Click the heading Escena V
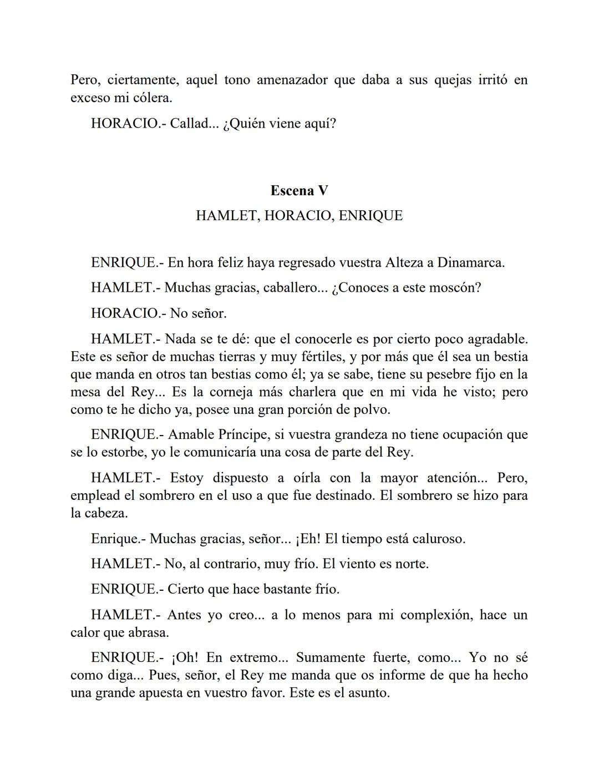pyautogui.click(x=299, y=191)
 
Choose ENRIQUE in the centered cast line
pyautogui.click(x=370, y=216)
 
